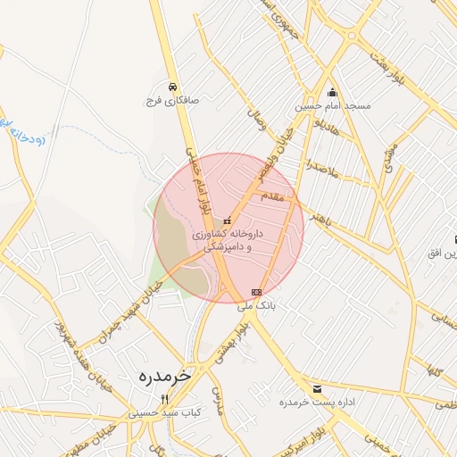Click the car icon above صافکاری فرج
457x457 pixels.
171,87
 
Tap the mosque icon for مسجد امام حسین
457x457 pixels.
333,92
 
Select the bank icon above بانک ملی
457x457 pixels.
257,292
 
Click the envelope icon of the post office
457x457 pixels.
317,388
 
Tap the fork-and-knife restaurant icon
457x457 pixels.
164,399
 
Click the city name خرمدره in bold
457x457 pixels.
164,377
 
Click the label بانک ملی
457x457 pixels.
258,305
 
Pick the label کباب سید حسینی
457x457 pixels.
165,413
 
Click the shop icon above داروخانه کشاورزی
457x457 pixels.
228,220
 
